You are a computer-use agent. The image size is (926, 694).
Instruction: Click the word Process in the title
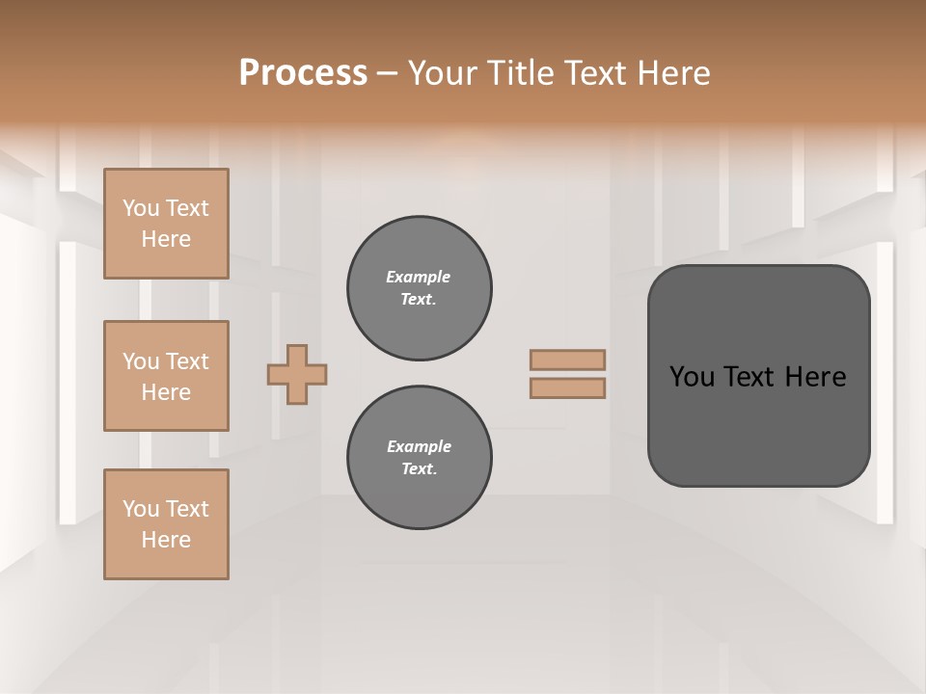pos(303,73)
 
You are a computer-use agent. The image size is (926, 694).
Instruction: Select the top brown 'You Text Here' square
pos(166,224)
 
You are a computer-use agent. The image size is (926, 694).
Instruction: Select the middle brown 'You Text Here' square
pos(166,376)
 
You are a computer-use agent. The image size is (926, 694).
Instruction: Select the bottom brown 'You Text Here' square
pos(166,524)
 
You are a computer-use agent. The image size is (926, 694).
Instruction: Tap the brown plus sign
pos(297,374)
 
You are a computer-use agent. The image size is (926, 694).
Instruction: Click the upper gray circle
pos(419,287)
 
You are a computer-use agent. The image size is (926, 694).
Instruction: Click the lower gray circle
pos(419,457)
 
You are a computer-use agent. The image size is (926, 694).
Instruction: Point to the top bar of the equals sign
pos(567,360)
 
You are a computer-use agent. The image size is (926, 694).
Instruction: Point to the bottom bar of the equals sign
pos(567,388)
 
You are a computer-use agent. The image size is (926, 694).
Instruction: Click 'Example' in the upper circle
pos(419,277)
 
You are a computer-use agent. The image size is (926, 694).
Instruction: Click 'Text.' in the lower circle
pos(419,468)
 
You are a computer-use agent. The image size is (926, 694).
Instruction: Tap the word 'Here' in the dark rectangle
pos(815,377)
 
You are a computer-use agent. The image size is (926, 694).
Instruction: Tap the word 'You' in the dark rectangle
pos(692,377)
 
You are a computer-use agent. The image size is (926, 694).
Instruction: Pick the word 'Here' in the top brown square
pos(166,239)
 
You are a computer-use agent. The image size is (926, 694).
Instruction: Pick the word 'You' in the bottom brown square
pos(141,509)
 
